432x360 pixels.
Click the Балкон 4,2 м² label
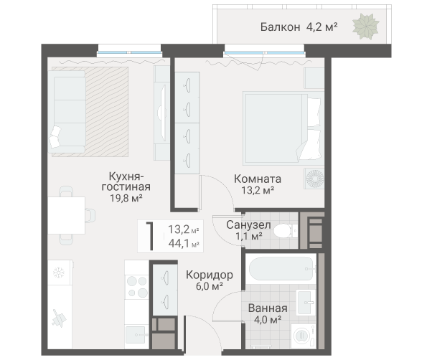[x=299, y=27]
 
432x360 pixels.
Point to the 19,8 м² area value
[x=125, y=198]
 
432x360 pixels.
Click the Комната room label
[x=258, y=178]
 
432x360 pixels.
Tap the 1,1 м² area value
[x=248, y=235]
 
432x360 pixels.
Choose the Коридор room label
[x=209, y=275]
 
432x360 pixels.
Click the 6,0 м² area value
[x=208, y=286]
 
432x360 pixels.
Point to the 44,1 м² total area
[x=183, y=244]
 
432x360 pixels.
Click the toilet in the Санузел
[x=286, y=230]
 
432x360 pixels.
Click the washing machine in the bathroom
[x=304, y=335]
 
